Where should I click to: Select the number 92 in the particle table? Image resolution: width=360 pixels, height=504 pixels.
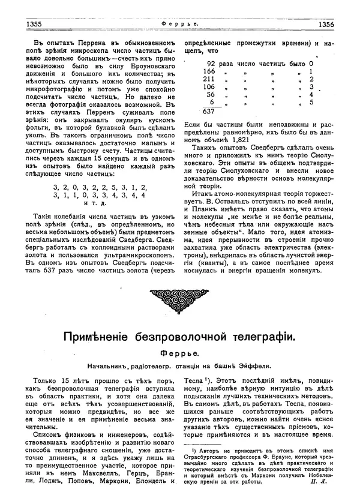click(211, 63)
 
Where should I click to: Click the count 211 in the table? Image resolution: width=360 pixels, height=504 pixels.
click(209, 79)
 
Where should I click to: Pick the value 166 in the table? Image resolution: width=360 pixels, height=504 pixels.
click(209, 71)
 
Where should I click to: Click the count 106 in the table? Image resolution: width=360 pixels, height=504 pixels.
click(209, 86)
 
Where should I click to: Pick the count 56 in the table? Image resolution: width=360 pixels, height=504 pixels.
click(211, 94)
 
